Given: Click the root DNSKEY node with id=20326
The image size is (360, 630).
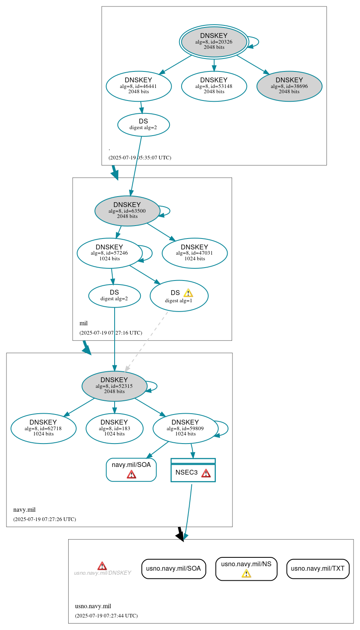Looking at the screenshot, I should pos(214,42).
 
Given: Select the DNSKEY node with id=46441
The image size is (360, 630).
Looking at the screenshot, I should pos(138,86).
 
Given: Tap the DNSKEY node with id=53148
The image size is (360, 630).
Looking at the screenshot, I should pos(214,86).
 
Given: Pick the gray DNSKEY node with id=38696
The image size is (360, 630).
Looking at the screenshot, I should pos(289,86).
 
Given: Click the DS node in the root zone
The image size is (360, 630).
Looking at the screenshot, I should pos(143,124).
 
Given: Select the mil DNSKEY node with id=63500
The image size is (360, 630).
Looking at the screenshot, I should pos(127,211).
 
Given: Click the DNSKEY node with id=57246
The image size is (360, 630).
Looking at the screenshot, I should pos(109,253).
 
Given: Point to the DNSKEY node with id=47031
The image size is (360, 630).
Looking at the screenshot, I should pos(195,253).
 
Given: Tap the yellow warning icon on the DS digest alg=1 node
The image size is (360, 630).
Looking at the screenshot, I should pos(188,293).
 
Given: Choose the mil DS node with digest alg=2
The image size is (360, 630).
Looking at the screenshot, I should pos(114,295).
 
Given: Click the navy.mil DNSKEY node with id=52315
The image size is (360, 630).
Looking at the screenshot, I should pos(114,386).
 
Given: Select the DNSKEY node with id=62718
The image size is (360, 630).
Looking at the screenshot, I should pos(43,428).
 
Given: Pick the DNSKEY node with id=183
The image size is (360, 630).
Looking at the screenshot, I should pos(114,428).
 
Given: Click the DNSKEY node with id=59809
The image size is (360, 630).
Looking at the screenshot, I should pos(185,428).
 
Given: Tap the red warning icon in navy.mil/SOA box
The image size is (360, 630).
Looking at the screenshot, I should pos(131,474).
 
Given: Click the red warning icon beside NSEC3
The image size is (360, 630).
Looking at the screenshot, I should pos(206,473).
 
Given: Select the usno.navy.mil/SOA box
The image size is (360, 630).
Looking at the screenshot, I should pos(174,569).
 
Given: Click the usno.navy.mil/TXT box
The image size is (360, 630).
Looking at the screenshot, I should pos(318,569).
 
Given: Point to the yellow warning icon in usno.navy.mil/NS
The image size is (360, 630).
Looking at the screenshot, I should pos(246,573).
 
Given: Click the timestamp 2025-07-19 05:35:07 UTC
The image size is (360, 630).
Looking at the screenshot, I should pos(140,157).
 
